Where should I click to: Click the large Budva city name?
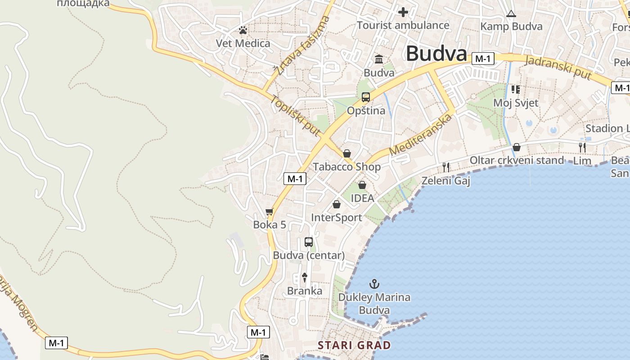tap(436, 54)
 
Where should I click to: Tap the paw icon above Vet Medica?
tap(243, 31)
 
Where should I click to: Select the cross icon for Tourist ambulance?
tap(403, 12)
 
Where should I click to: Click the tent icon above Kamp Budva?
tap(511, 14)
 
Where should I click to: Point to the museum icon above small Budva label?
tap(379, 59)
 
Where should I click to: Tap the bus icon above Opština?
tap(366, 97)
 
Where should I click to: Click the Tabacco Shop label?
tap(346, 166)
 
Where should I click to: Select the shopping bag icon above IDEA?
tap(362, 185)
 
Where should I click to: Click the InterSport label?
tap(337, 218)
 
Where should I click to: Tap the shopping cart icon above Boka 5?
tap(270, 211)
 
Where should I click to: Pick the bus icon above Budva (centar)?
tap(309, 242)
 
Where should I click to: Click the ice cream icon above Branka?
tap(305, 278)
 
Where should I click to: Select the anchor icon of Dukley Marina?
tap(374, 284)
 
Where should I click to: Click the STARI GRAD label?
tap(354, 346)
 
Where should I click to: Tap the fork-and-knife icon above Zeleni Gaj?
tap(446, 167)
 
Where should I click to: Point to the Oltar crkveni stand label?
tap(517, 160)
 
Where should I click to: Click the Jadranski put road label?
tap(558, 68)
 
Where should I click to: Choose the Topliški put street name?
tap(295, 116)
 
